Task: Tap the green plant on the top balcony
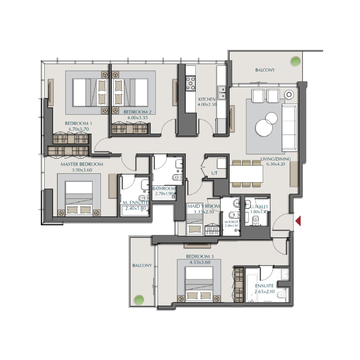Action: (x=295, y=61)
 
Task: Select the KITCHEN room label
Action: (x=207, y=99)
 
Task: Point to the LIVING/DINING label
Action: (x=275, y=159)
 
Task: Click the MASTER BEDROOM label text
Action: (x=81, y=164)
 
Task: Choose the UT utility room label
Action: (x=214, y=172)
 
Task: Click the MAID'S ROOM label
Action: (x=203, y=206)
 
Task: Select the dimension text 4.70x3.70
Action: (x=78, y=129)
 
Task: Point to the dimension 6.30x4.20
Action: (x=275, y=165)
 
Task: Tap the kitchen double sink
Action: (x=222, y=92)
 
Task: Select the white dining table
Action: (x=246, y=173)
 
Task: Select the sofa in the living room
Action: (x=289, y=127)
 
